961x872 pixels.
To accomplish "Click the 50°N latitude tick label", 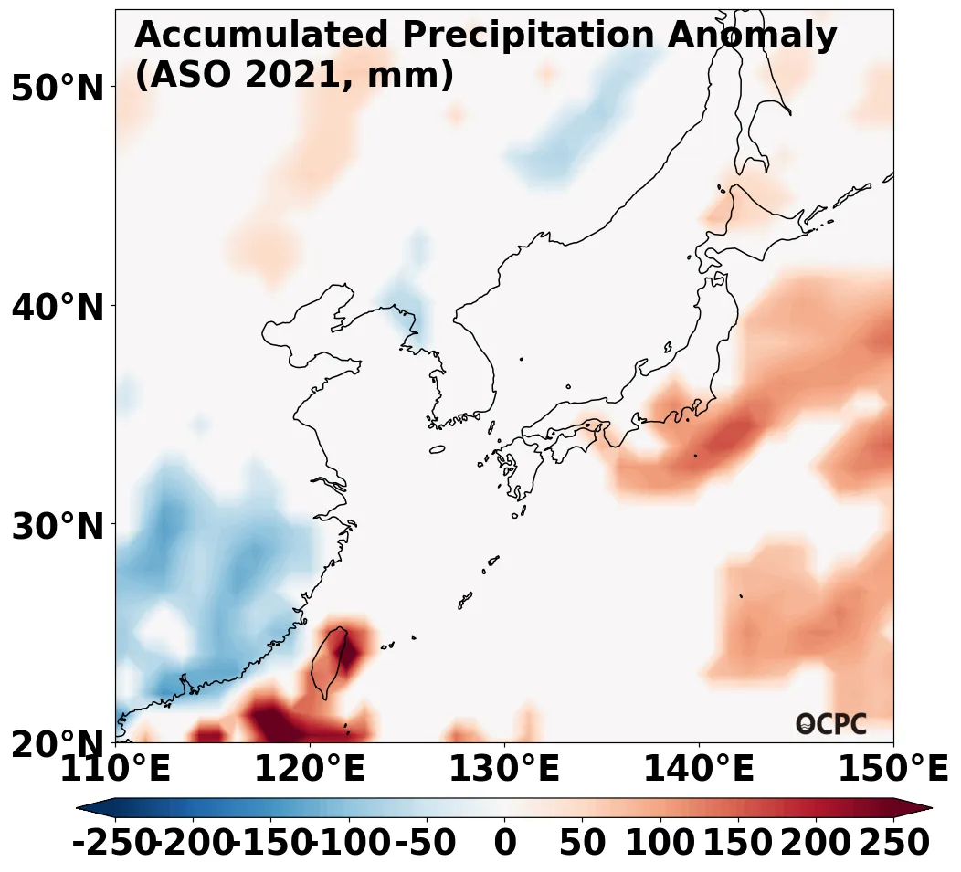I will [57, 89].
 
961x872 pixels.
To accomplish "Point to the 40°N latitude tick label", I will [57, 308].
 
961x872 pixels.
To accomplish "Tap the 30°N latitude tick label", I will [57, 527].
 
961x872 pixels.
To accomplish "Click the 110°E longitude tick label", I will [115, 770].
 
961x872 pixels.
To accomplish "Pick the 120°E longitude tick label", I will [310, 770].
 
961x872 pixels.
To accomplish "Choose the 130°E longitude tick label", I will [504, 770].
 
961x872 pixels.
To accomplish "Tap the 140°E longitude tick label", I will [699, 770].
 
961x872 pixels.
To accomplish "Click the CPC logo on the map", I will [831, 724].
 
